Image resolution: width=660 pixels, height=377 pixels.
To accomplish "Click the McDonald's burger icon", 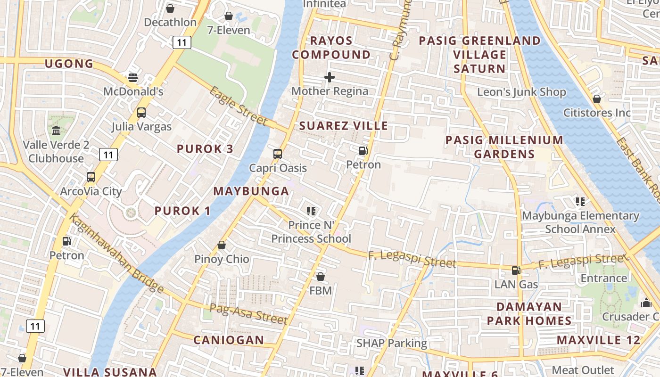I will point(133,77).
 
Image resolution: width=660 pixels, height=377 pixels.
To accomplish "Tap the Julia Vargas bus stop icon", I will point(141,113).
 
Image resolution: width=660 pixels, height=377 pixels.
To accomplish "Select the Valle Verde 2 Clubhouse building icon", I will point(56,131).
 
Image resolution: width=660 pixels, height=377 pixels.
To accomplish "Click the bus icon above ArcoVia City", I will point(91,178).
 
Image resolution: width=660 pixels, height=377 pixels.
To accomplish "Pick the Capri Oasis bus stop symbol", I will point(278,154).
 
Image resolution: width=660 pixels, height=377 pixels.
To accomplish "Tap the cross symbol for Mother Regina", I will point(330,77).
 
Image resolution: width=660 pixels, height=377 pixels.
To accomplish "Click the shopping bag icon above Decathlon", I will point(170,8).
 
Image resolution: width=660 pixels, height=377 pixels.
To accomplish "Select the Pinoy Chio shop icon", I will point(222,246).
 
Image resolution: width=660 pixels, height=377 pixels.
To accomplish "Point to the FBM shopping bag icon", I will point(321,277).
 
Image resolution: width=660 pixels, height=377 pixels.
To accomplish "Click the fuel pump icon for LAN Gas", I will point(516,270).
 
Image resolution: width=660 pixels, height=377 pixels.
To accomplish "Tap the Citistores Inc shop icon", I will point(597,99).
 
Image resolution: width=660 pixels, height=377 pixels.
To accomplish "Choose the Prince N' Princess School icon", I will point(311,211).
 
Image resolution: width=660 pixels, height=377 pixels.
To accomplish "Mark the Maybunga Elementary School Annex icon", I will point(580,202).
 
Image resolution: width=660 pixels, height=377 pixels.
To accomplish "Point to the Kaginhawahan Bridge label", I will point(116,253).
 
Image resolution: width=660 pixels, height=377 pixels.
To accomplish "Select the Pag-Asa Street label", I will point(248,314).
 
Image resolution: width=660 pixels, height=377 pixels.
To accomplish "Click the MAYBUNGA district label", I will point(251,191).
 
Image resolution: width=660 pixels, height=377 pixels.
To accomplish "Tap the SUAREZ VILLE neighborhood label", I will point(343,126).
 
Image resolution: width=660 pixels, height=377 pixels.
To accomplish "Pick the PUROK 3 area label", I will point(205,149).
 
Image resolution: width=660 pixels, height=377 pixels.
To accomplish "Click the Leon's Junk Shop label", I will point(521,92).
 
